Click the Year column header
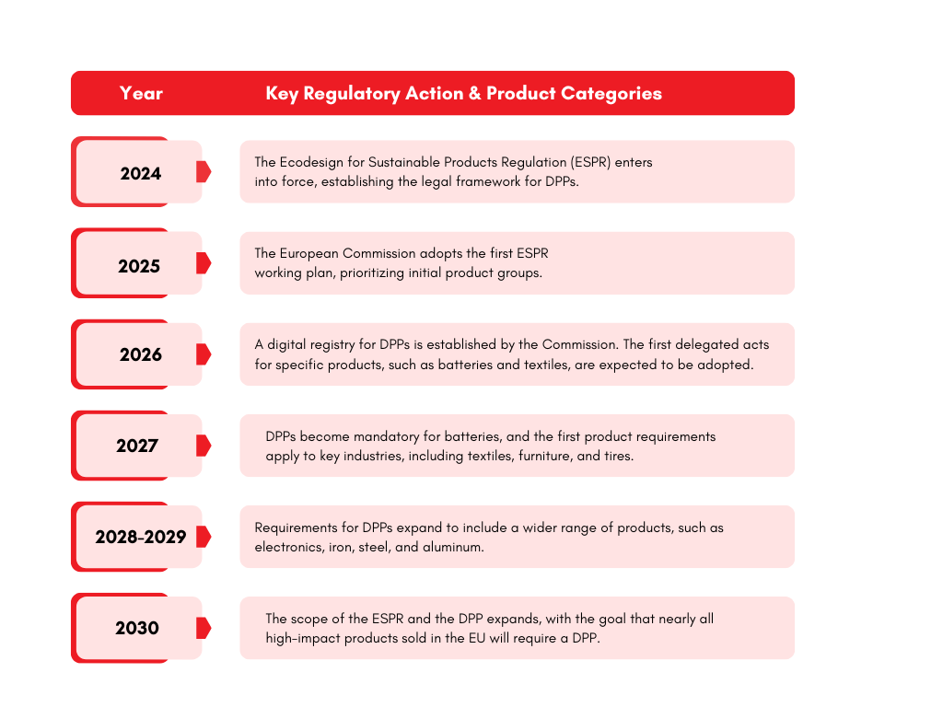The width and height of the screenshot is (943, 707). [141, 93]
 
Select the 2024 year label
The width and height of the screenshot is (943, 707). [140, 173]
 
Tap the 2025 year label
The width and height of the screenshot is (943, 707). [139, 266]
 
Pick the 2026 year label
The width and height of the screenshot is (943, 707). [140, 354]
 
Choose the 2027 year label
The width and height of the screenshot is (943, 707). [137, 446]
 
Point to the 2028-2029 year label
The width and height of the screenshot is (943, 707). [140, 537]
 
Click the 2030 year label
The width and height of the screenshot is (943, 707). [137, 628]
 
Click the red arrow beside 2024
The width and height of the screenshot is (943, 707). [204, 171]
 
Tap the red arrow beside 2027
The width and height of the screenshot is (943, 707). [204, 446]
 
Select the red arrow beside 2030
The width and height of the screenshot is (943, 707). [204, 628]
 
